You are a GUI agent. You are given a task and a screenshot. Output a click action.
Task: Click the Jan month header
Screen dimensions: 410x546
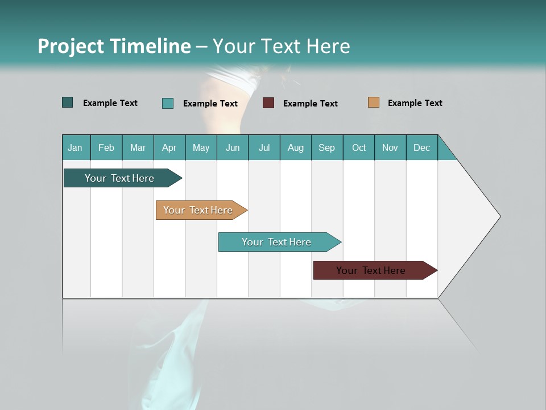76,147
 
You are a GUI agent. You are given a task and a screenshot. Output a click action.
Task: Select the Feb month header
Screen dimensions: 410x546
106,147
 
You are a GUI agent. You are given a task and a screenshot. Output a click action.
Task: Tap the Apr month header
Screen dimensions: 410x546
169,147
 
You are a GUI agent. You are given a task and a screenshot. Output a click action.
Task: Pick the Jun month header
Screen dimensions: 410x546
233,147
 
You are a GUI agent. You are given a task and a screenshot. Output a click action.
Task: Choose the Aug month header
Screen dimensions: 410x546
296,147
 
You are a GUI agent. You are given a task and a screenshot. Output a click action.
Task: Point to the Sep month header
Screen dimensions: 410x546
327,147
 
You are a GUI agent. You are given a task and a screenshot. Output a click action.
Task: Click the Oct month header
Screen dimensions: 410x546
359,147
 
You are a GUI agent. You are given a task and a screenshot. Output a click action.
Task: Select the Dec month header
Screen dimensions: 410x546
422,147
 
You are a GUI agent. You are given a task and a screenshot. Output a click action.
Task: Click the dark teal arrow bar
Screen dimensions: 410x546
119,178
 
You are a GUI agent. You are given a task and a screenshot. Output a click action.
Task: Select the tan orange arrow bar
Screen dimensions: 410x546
198,210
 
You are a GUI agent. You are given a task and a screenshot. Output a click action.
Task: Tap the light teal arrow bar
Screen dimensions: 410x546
276,242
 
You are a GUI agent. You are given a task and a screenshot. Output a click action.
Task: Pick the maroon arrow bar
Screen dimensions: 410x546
371,270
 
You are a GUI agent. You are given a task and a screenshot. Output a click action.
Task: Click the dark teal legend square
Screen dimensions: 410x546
68,102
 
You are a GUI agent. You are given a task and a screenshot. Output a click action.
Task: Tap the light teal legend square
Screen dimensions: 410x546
168,103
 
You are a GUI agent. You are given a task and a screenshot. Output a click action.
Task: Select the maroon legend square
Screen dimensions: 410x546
268,103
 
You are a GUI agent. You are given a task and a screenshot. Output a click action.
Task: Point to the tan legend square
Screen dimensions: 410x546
374,102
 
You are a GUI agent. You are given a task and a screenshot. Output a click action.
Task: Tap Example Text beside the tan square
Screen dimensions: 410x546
415,103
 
